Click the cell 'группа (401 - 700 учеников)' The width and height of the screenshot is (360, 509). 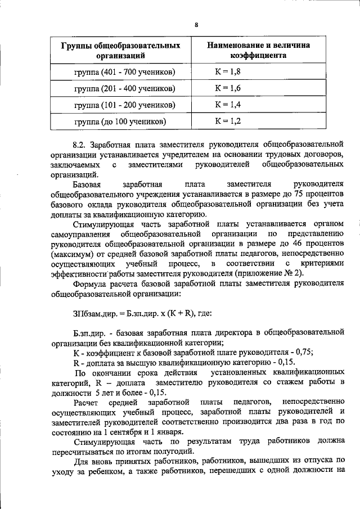pos(121,72)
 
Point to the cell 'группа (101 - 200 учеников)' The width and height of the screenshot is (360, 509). pos(121,105)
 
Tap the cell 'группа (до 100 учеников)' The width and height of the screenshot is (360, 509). pos(120,121)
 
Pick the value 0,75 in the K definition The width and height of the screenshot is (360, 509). pos(304,353)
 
